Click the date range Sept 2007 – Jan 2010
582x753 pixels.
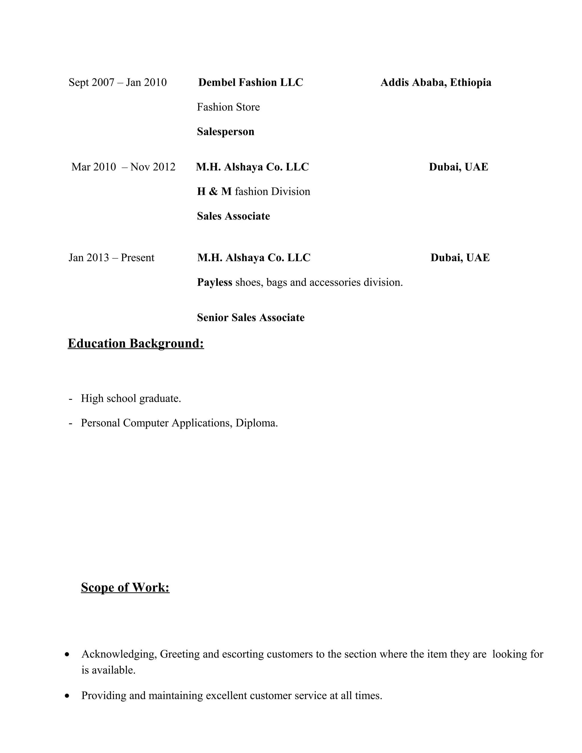coord(118,82)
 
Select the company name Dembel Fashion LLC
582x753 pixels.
coord(251,82)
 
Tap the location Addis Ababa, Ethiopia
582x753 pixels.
coord(436,82)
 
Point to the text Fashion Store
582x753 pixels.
coord(228,107)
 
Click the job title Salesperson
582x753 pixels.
coord(225,131)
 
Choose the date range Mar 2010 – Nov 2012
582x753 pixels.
coord(123,167)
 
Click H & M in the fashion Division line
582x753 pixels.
coord(214,191)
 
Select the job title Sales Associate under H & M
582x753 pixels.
coord(233,216)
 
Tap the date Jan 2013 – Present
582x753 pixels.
coord(111,257)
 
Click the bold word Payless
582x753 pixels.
coord(215,282)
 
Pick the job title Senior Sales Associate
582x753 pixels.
coord(251,317)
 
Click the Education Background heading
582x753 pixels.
coord(136,344)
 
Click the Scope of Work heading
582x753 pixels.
coord(125,587)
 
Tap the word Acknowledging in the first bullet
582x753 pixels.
coord(119,654)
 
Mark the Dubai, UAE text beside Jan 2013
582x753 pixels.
coord(460,257)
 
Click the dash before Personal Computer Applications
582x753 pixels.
coord(71,423)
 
